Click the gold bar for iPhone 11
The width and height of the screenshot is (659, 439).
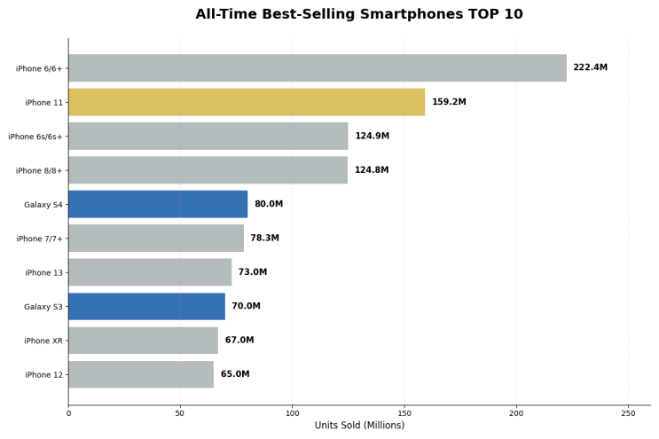(247, 102)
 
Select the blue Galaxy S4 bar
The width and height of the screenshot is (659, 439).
(158, 204)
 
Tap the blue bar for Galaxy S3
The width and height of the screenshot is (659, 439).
(146, 306)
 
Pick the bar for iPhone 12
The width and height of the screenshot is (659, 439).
(141, 374)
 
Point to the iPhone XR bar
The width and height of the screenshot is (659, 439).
(144, 341)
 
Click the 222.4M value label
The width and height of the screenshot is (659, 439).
(590, 67)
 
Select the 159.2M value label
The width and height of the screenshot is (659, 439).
(449, 102)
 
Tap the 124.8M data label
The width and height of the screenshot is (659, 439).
(372, 169)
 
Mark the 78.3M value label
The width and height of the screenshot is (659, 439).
(264, 238)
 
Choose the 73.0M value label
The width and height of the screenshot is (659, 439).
(252, 271)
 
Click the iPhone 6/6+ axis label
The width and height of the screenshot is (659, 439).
(39, 68)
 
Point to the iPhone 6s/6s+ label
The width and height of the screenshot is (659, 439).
(35, 137)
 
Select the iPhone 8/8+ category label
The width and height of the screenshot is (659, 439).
(39, 170)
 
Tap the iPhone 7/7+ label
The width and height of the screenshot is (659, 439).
(39, 239)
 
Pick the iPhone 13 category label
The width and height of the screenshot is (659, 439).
(43, 272)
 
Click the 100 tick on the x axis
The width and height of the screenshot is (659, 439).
(293, 413)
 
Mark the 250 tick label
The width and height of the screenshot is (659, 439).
(628, 413)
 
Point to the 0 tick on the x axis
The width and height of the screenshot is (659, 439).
(68, 413)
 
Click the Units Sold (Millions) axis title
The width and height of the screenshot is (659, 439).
(359, 426)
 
